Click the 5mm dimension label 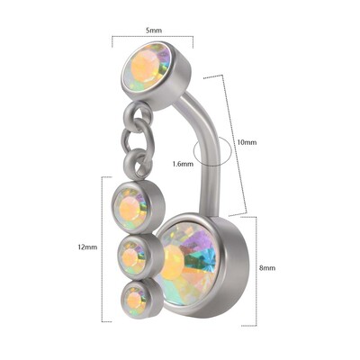pyautogui.click(x=154, y=31)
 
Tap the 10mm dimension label pyautogui.click(x=247, y=142)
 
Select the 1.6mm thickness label pyautogui.click(x=183, y=164)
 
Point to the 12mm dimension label pyautogui.click(x=87, y=247)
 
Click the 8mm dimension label pyautogui.click(x=267, y=268)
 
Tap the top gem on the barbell pyautogui.click(x=148, y=67)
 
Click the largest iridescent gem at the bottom pyautogui.click(x=189, y=264)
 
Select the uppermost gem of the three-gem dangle pyautogui.click(x=131, y=207)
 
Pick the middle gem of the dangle pyautogui.click(x=133, y=258)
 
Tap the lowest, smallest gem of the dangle pyautogui.click(x=134, y=300)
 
